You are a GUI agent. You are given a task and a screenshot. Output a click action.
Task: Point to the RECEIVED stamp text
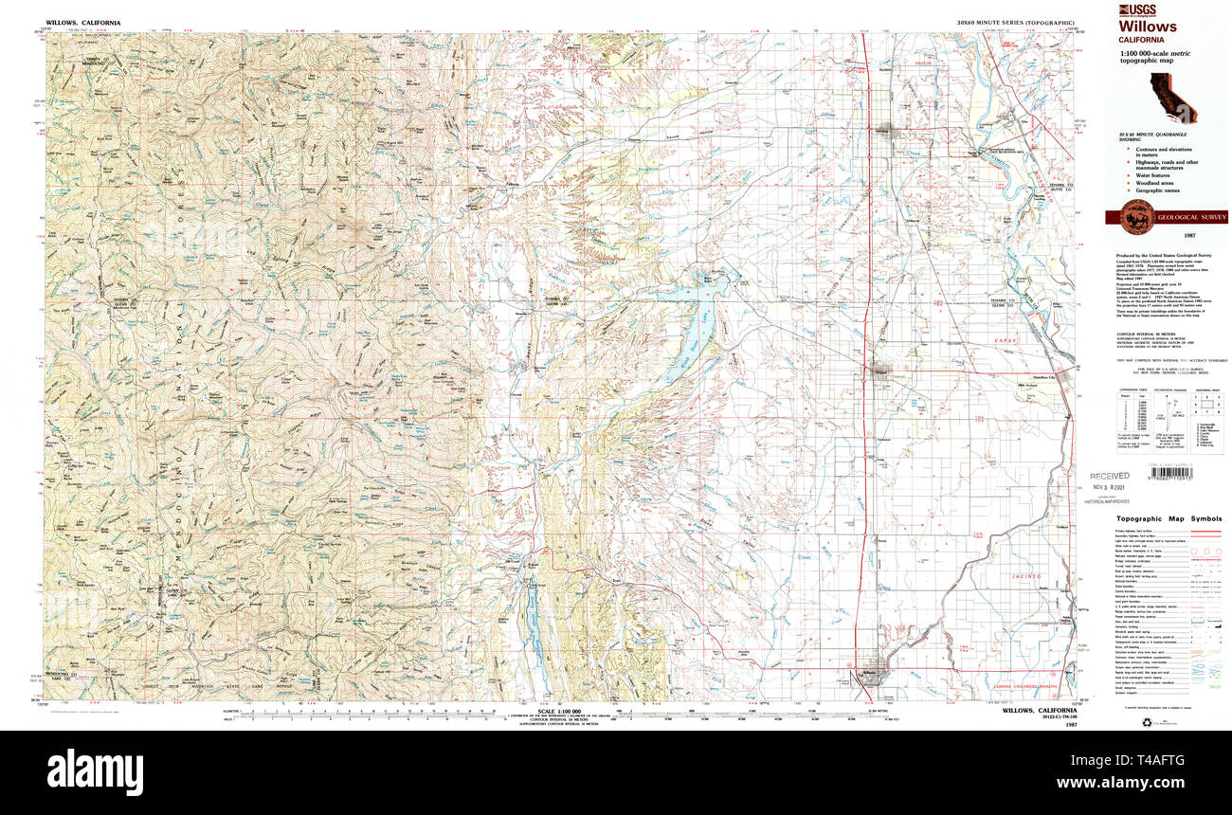pyautogui.click(x=1109, y=476)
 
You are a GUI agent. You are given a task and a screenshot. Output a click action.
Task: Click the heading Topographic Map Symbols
pyautogui.click(x=1169, y=519)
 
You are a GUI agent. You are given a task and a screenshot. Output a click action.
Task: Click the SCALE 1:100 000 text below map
pyautogui.click(x=557, y=711)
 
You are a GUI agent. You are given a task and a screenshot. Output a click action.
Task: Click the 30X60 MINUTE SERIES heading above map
pyautogui.click(x=1016, y=22)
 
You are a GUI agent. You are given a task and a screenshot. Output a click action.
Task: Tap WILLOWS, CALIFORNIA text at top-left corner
pyautogui.click(x=82, y=22)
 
